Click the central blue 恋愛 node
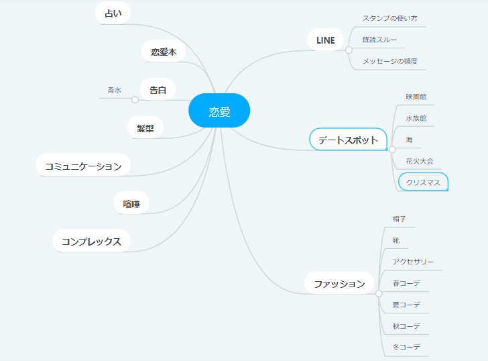(219, 111)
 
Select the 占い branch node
(113, 13)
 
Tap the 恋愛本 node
(164, 51)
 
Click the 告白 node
(158, 89)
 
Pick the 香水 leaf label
(114, 90)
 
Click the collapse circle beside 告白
(135, 100)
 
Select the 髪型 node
(145, 127)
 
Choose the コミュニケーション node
(83, 166)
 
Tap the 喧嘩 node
(131, 203)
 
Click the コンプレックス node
(91, 241)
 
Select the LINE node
(326, 40)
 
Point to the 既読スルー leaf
(379, 40)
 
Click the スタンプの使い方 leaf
(389, 18)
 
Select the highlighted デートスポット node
(349, 140)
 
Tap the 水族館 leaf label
(416, 118)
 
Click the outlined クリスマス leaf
(423, 183)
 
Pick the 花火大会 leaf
(419, 161)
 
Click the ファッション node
(339, 283)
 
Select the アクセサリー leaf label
(413, 262)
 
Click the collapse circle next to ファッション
(379, 293)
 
